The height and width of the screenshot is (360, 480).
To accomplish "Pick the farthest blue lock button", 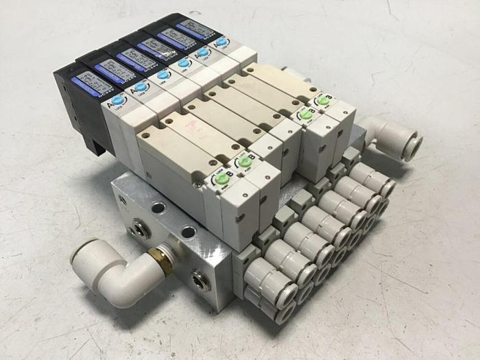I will pos(221,42).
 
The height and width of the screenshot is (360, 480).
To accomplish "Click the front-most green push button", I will pos(221,180).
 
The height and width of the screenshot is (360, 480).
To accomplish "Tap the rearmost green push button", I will pos(322,101).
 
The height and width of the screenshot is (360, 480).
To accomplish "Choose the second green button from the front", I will pos(241,163).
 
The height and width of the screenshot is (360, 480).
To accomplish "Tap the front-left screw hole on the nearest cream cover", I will pos(146,136).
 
